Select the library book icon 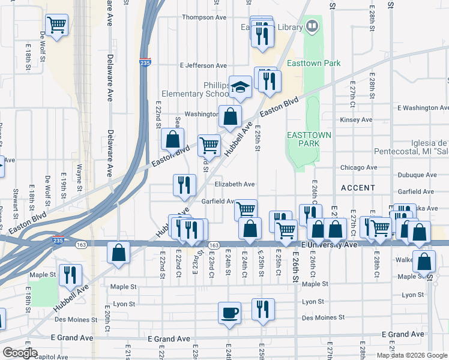click(312, 26)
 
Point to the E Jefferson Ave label click(203, 65)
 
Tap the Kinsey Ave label click(356, 120)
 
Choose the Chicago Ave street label click(358, 167)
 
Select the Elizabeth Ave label click(236, 184)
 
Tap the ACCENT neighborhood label click(358, 188)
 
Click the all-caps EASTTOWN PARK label click(309, 140)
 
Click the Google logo click(20, 353)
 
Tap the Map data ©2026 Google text click(411, 355)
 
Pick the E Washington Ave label click(423, 107)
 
